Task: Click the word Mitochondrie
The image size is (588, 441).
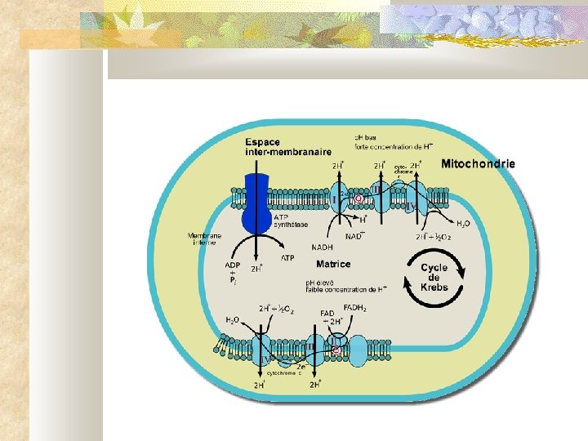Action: pos(478,163)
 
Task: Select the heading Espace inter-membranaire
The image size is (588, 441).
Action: pos(277,146)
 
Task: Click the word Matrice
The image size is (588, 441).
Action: pos(333,264)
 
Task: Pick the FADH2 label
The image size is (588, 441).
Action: pos(354,308)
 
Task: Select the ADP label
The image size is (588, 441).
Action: pos(233,265)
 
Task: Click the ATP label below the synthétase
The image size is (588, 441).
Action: pos(287,258)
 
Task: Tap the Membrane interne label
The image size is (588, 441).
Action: pos(205,239)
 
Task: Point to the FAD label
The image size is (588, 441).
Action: pos(327,313)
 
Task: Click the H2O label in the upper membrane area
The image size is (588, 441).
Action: pos(463,223)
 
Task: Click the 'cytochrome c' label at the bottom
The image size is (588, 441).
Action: pos(280,372)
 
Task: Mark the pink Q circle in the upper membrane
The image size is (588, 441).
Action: pos(358,198)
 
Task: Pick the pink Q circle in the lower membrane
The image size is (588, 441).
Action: pos(336,350)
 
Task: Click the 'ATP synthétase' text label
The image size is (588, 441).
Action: pos(292,222)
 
